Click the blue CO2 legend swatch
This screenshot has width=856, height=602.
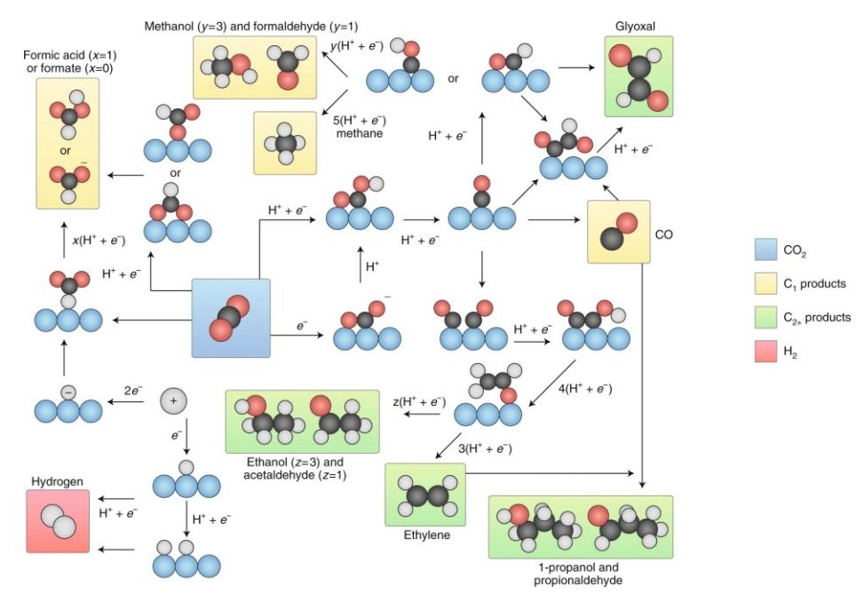[x=764, y=252]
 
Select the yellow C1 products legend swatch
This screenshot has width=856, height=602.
[x=764, y=285]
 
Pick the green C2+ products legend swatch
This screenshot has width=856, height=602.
[x=764, y=318]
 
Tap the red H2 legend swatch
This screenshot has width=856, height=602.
[x=764, y=352]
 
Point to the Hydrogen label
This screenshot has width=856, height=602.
[x=58, y=481]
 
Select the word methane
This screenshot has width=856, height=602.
[x=358, y=133]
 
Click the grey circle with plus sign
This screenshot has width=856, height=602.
[x=174, y=402]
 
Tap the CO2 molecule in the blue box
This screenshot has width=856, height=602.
[x=231, y=318]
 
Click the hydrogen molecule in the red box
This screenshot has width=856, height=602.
[x=58, y=519]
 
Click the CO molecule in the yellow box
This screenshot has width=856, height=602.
[x=613, y=231]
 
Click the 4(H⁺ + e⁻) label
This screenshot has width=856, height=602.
[x=585, y=388]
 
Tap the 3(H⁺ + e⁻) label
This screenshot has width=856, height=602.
[x=484, y=448]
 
